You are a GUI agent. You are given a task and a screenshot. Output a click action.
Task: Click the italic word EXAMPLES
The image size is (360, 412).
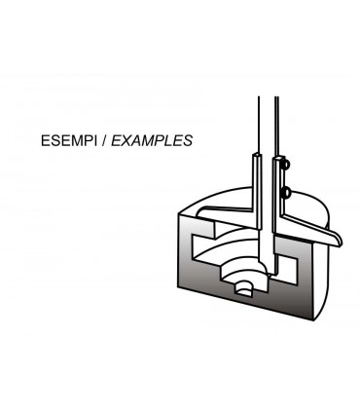pyautogui.click(x=152, y=140)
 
